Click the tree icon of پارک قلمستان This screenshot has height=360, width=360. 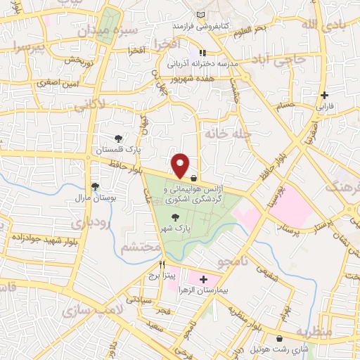coord(118,139)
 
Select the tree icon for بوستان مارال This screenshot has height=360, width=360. coord(94,186)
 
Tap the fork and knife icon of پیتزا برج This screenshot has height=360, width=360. coord(162,264)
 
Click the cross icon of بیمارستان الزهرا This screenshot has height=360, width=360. coord(204,279)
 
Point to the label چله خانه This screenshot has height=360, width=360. coord(224,132)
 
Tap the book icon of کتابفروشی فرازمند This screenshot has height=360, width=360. coord(202,15)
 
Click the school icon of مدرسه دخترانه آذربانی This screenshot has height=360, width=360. coord(202,52)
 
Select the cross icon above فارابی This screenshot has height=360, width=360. coord(323,95)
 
